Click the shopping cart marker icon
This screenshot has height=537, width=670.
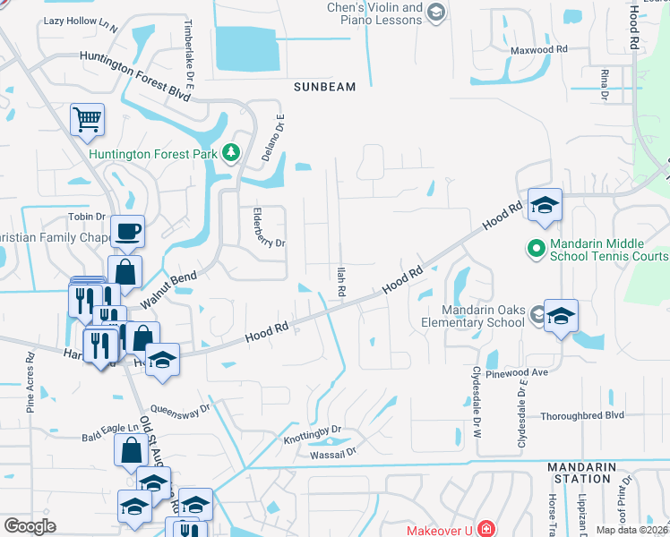pyautogui.click(x=87, y=119)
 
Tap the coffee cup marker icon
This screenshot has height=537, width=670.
pyautogui.click(x=126, y=232)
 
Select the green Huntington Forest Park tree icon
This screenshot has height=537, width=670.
pyautogui.click(x=232, y=153)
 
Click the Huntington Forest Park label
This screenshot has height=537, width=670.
pyautogui.click(x=153, y=153)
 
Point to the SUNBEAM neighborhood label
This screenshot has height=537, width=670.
pyautogui.click(x=324, y=87)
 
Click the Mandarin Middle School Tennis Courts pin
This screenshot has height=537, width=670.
pyautogui.click(x=537, y=247)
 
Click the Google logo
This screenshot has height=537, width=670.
pyautogui.click(x=30, y=526)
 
